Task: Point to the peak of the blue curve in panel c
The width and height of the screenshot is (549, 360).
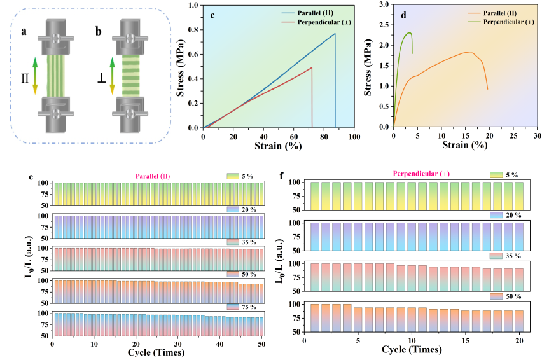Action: coord(335,34)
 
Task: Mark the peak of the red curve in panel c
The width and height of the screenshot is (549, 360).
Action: coord(312,67)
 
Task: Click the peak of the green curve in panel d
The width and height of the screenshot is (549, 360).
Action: coord(409,32)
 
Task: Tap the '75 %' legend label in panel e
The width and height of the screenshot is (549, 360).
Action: coord(248,307)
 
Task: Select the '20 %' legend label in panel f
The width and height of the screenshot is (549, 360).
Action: coord(510,215)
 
